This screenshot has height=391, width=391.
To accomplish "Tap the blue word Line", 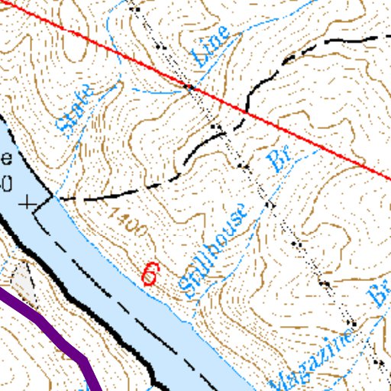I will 211,46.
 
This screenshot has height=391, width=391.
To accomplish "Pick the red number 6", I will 150,274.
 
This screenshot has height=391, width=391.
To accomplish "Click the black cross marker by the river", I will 29,203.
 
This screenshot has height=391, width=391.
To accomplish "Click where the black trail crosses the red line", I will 247,114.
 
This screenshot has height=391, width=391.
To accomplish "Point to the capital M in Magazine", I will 280,379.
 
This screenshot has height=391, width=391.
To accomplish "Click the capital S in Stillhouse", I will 188,285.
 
